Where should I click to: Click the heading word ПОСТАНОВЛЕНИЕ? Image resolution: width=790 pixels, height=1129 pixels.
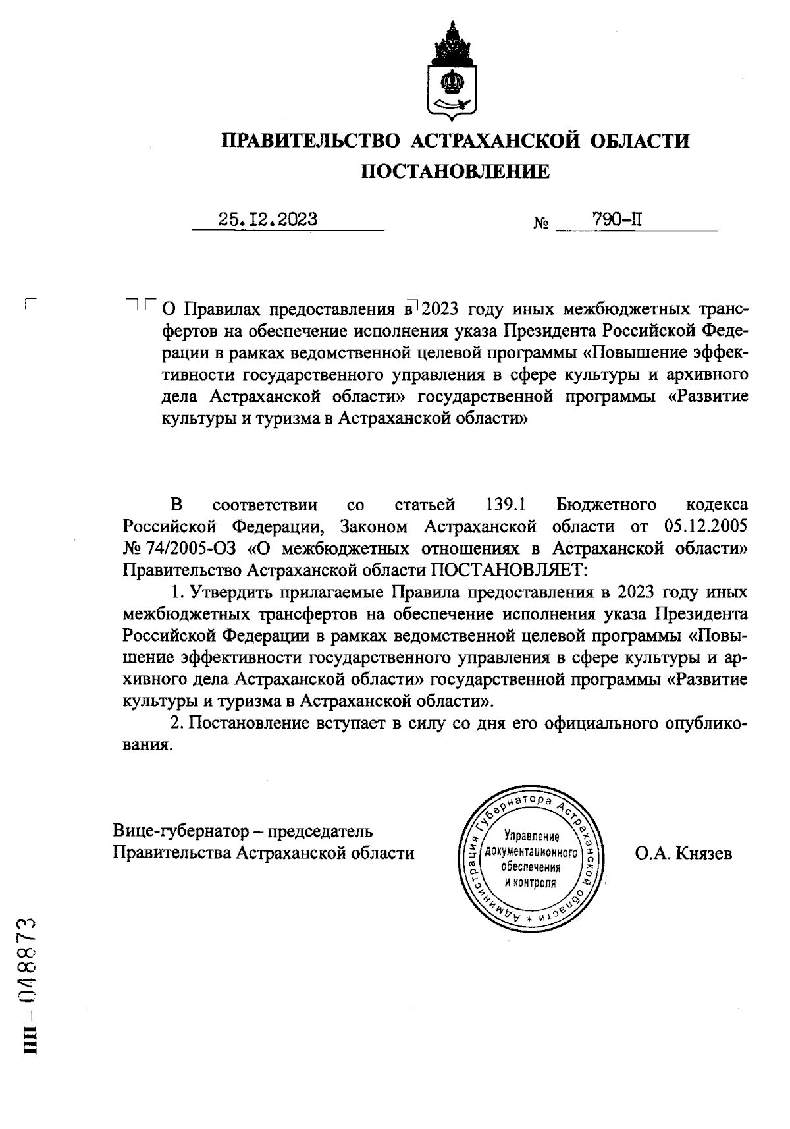(455, 172)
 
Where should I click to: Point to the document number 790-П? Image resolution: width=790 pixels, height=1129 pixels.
(616, 219)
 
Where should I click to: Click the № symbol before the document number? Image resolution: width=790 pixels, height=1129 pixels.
(541, 224)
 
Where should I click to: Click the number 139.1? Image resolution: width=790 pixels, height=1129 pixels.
(506, 505)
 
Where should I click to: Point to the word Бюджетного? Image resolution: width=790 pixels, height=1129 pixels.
(606, 505)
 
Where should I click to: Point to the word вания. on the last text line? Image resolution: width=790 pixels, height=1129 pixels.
(148, 745)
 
